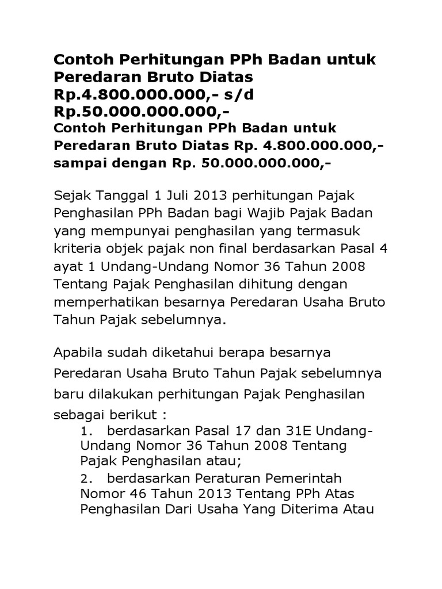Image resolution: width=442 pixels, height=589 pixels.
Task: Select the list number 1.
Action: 87,432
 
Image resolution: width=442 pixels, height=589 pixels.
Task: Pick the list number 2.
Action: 87,478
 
